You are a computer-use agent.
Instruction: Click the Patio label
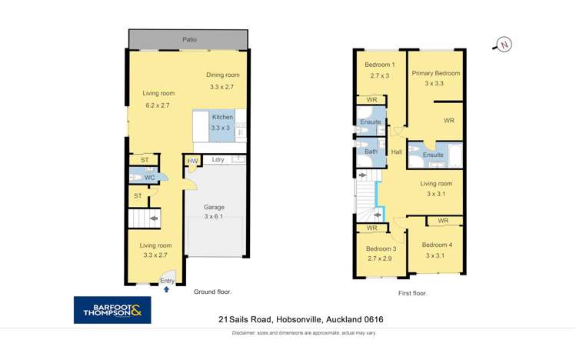pyautogui.click(x=188, y=38)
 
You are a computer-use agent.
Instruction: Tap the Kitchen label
pyautogui.click(x=222, y=117)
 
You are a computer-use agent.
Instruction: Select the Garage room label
pyautogui.click(x=214, y=208)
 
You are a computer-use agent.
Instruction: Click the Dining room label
pyautogui.click(x=223, y=75)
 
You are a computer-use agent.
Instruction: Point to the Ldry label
pyautogui.click(x=218, y=160)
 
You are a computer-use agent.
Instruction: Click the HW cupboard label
pyautogui.click(x=192, y=161)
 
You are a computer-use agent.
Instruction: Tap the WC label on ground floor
pyautogui.click(x=149, y=178)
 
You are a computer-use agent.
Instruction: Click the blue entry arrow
pyautogui.click(x=167, y=290)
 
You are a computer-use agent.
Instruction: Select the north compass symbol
pyautogui.click(x=504, y=44)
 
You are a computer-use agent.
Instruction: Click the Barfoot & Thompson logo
pyautogui.click(x=112, y=310)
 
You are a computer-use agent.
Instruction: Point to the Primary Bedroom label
pyautogui.click(x=435, y=73)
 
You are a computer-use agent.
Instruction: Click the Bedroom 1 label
pyautogui.click(x=380, y=65)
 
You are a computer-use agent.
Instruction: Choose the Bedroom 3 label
pyautogui.click(x=381, y=248)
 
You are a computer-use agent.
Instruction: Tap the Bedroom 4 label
pyautogui.click(x=437, y=245)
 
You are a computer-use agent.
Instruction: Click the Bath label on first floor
pyautogui.click(x=371, y=152)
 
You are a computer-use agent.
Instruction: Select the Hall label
pyautogui.click(x=397, y=152)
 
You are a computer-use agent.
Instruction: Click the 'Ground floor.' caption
pyautogui.click(x=211, y=292)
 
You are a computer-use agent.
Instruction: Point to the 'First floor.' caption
pyautogui.click(x=413, y=293)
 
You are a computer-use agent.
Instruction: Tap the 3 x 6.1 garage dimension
pyautogui.click(x=214, y=218)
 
